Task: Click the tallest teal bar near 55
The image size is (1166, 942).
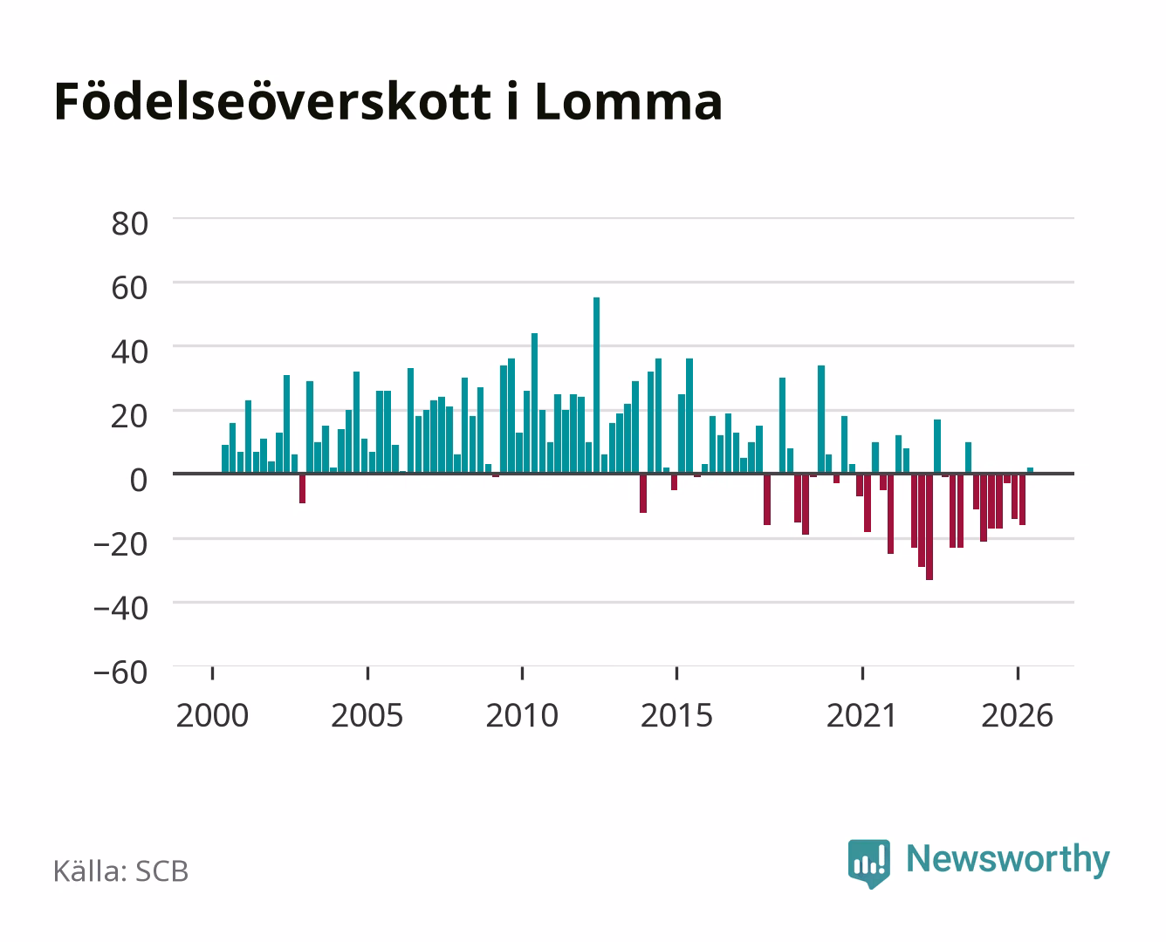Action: point(596,386)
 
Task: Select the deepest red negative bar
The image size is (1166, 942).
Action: point(929,527)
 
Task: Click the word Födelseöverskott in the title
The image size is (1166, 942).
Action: point(272,101)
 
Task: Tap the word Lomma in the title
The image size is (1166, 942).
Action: point(628,102)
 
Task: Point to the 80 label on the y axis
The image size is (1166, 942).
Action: point(130,224)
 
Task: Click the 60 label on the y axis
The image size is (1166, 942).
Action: point(130,288)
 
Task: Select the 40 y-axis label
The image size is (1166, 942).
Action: point(130,352)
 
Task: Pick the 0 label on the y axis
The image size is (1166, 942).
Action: point(139,480)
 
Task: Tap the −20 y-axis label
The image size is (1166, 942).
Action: point(120,544)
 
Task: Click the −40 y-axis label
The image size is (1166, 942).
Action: point(120,608)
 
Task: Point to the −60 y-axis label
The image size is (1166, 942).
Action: point(120,672)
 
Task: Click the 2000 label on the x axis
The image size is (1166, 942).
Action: point(212,715)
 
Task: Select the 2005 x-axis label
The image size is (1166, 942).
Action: point(367,715)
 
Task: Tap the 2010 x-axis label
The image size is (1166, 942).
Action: point(522,715)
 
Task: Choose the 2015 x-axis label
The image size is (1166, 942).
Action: point(677,715)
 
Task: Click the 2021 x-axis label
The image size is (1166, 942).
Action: point(862,715)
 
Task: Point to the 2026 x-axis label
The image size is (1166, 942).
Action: point(1018,715)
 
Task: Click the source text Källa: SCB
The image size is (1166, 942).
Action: point(121,871)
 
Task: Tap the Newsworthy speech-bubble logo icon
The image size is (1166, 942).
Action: point(868,863)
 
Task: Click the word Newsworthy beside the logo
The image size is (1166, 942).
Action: point(1008,860)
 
